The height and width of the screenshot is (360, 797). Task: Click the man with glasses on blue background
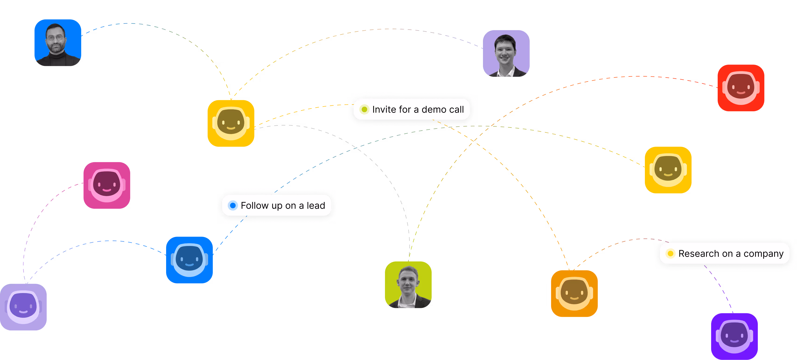click(58, 43)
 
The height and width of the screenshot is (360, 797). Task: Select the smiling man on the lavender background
click(506, 53)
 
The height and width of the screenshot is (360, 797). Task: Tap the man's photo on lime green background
click(408, 284)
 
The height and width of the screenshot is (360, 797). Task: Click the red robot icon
click(741, 88)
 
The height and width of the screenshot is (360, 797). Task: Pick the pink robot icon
click(107, 185)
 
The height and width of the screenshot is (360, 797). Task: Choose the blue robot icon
click(189, 260)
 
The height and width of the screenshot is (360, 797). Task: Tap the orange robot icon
click(574, 293)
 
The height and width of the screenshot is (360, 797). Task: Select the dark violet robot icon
click(734, 336)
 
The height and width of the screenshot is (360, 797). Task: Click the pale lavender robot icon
click(23, 307)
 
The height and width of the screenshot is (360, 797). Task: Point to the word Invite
click(384, 110)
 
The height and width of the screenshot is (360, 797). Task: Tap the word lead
click(316, 205)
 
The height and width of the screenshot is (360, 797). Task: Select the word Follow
click(255, 205)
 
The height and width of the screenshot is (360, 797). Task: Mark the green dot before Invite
click(364, 110)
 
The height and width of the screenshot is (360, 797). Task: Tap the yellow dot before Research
click(671, 254)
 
